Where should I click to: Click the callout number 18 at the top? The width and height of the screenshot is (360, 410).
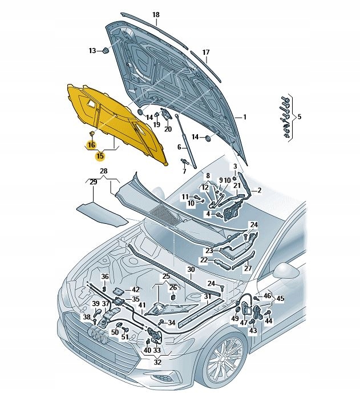point(156,15)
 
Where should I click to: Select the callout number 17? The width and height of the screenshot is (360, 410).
point(206,52)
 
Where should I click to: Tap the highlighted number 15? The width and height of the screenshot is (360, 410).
point(100,155)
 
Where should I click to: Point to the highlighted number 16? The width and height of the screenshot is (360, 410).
point(91,146)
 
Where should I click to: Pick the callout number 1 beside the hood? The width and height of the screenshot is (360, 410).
point(244,117)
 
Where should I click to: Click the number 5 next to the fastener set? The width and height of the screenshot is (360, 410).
point(300,116)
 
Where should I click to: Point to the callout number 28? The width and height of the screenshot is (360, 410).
point(103,171)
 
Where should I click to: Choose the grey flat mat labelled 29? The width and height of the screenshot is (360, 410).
point(102,213)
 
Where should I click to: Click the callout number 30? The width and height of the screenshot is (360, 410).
point(191,270)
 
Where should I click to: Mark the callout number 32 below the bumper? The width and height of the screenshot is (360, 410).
point(157,362)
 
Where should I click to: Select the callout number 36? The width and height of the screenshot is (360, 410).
point(104,277)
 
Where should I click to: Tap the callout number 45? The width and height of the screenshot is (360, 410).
point(280,298)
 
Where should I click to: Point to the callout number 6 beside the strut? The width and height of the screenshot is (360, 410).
point(179,147)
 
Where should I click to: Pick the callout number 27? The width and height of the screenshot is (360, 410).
point(248,268)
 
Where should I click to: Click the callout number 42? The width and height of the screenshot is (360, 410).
point(135,290)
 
